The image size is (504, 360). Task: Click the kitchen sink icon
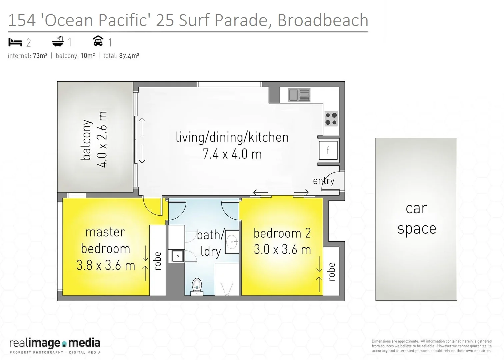299,95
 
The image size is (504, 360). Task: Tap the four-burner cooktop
331,119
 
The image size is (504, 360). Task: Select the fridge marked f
328,151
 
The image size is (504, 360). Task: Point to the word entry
323,181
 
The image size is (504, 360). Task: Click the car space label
416,219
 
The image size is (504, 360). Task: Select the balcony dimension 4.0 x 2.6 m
102,139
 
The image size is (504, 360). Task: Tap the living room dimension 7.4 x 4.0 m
232,154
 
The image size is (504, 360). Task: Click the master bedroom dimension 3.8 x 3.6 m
105,266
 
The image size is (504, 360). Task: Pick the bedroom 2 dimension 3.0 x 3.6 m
282,250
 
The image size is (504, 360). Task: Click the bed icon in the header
15,42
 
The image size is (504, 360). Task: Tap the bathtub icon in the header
58,42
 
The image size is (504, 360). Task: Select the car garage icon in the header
98,41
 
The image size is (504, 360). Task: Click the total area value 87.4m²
129,56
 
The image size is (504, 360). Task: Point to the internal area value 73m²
40,56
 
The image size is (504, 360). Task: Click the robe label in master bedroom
158,261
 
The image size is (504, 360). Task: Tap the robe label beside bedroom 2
332,272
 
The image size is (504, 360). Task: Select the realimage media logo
55,346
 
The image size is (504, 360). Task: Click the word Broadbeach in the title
322,20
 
